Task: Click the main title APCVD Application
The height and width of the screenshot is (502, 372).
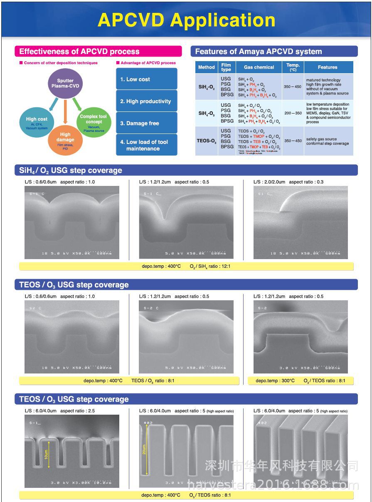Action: (186, 20)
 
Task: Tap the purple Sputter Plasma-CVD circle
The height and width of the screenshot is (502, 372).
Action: (65, 84)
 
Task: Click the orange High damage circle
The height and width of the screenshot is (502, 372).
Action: (65, 140)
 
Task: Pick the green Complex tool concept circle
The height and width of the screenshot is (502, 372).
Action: (94, 122)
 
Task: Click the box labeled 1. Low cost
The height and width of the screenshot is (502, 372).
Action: (146, 79)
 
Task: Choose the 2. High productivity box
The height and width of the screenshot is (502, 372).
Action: (146, 101)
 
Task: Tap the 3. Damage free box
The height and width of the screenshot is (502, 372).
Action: (146, 123)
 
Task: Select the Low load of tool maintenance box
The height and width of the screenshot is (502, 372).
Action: (146, 145)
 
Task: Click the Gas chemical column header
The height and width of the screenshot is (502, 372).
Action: (259, 67)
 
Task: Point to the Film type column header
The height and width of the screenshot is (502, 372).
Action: (226, 67)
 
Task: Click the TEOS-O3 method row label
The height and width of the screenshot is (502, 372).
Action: (207, 141)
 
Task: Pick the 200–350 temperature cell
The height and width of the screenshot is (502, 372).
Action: (293, 113)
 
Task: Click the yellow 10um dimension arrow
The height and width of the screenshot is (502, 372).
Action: (49, 454)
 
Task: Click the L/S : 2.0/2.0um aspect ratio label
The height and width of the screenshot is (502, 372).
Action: (288, 182)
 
